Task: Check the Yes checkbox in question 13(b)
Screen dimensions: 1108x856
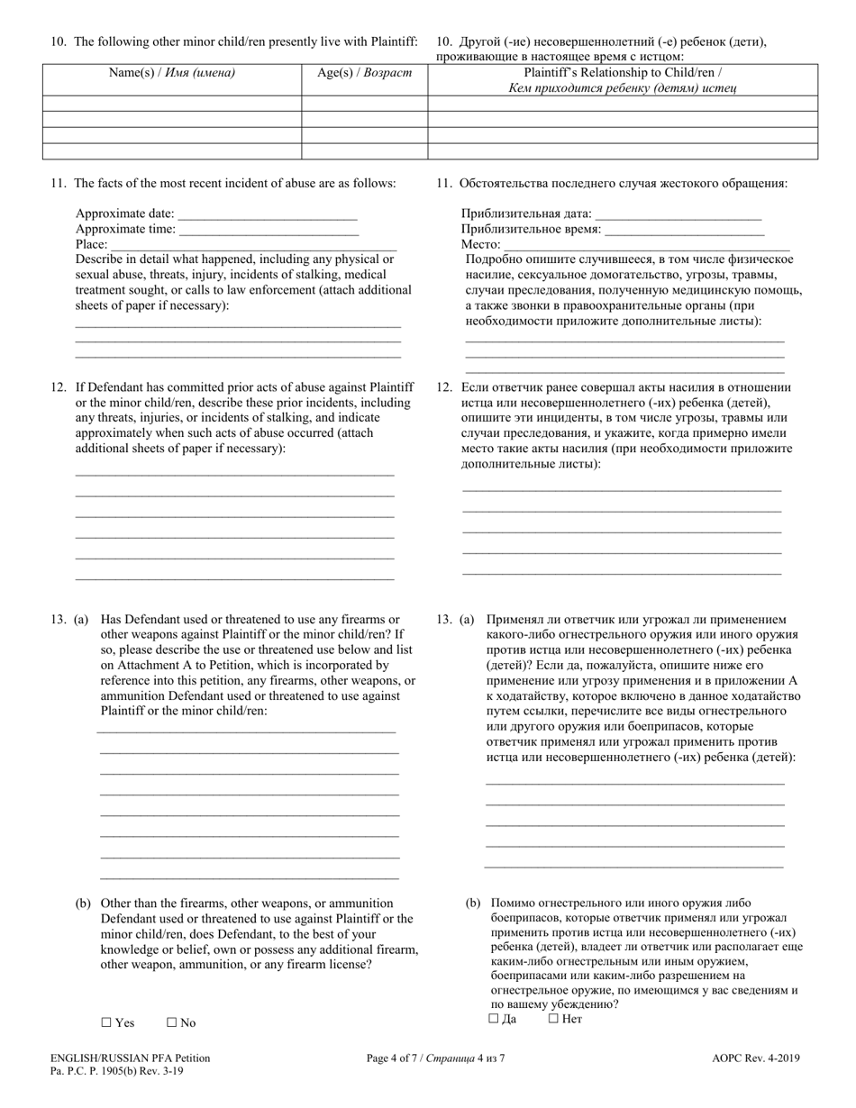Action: tap(105, 1022)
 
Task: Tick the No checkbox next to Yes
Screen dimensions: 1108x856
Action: tap(171, 1022)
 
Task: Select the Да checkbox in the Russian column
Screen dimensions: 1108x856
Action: tap(493, 1019)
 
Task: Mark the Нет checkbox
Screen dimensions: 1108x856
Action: tap(553, 1019)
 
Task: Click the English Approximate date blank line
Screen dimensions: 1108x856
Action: tap(268, 216)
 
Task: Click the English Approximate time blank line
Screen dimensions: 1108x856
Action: tap(256, 232)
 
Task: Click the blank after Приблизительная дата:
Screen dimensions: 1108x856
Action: tap(678, 216)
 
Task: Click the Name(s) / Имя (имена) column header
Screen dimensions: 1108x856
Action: tap(171, 73)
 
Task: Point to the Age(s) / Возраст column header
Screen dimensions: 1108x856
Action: tap(364, 73)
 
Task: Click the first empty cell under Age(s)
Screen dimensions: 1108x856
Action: tap(364, 104)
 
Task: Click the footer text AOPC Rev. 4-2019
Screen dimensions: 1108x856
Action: tap(756, 1058)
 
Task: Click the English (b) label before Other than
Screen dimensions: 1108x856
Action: tap(83, 904)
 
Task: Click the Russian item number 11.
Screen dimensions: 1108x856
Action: tap(443, 184)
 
